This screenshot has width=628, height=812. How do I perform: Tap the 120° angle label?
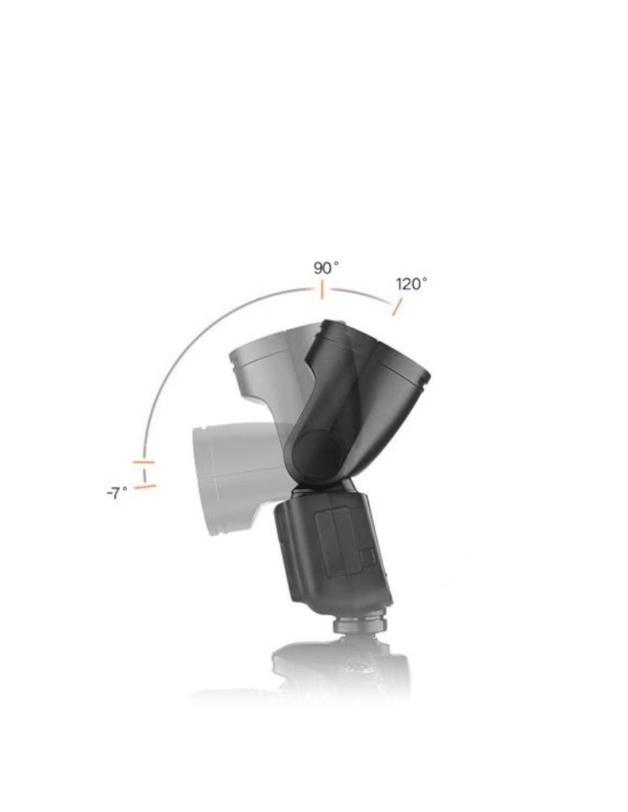(411, 284)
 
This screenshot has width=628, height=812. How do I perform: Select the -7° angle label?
(117, 493)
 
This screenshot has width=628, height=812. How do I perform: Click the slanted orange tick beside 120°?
(397, 307)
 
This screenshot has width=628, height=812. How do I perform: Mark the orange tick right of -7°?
(144, 487)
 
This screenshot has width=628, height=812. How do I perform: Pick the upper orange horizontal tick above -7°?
(144, 462)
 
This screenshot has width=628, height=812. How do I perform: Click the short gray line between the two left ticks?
(144, 475)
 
